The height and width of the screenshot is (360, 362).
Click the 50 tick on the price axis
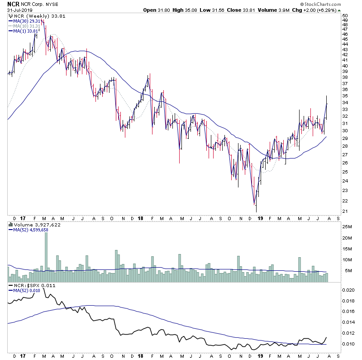tap(345, 15)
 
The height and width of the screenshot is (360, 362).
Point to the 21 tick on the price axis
tap(345, 212)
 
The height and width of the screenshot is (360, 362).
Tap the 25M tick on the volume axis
tap(347, 226)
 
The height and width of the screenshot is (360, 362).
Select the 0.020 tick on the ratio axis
tap(348, 290)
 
